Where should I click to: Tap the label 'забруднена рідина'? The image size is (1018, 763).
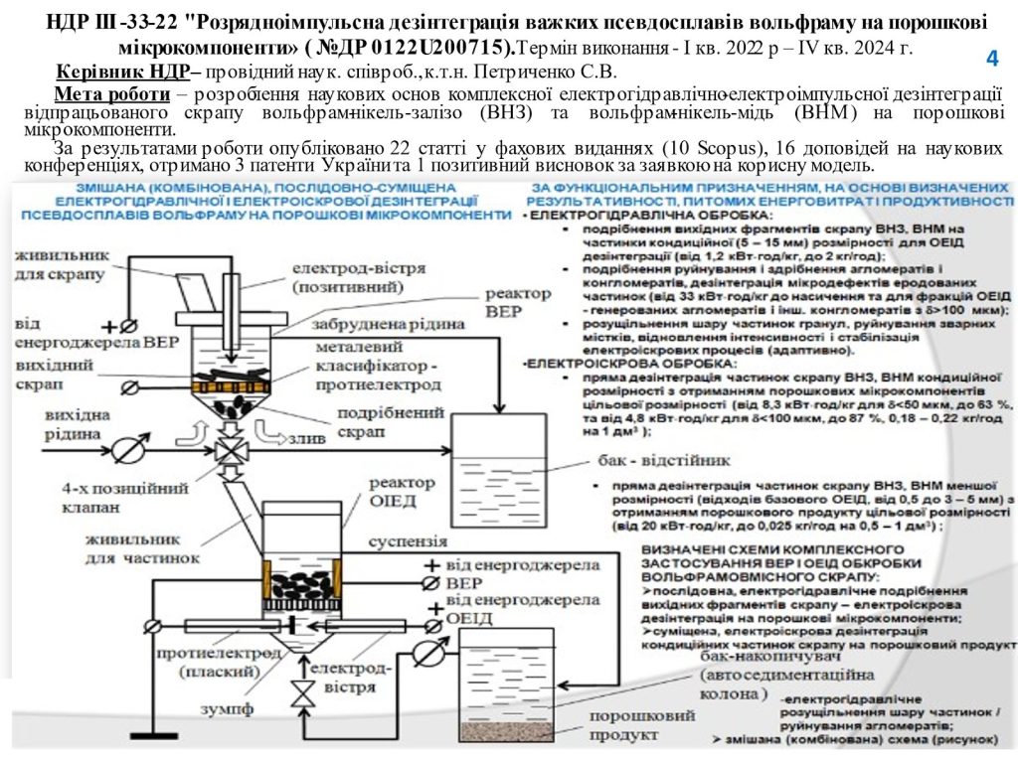[389, 322]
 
